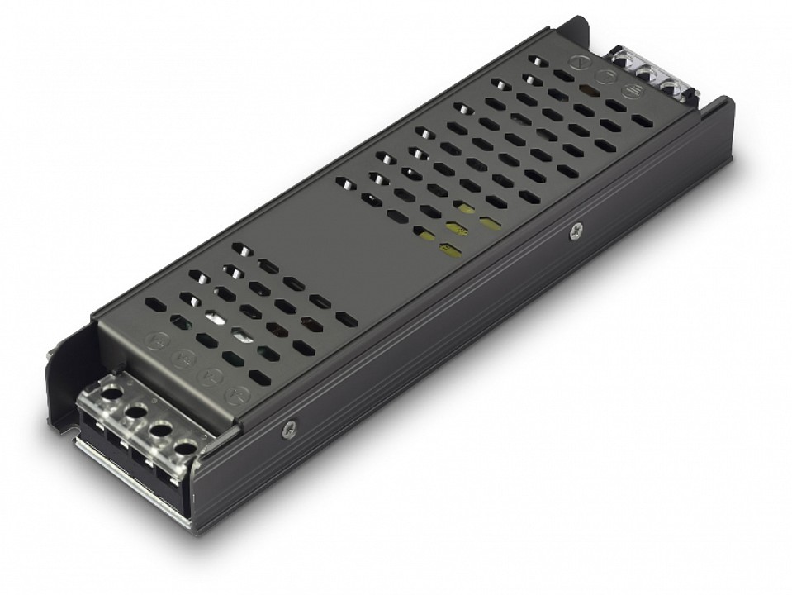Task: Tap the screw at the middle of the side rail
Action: pos(571,233)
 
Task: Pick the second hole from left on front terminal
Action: pos(134,407)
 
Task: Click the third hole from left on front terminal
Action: pos(160,428)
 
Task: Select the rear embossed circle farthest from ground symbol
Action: pos(578,63)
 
